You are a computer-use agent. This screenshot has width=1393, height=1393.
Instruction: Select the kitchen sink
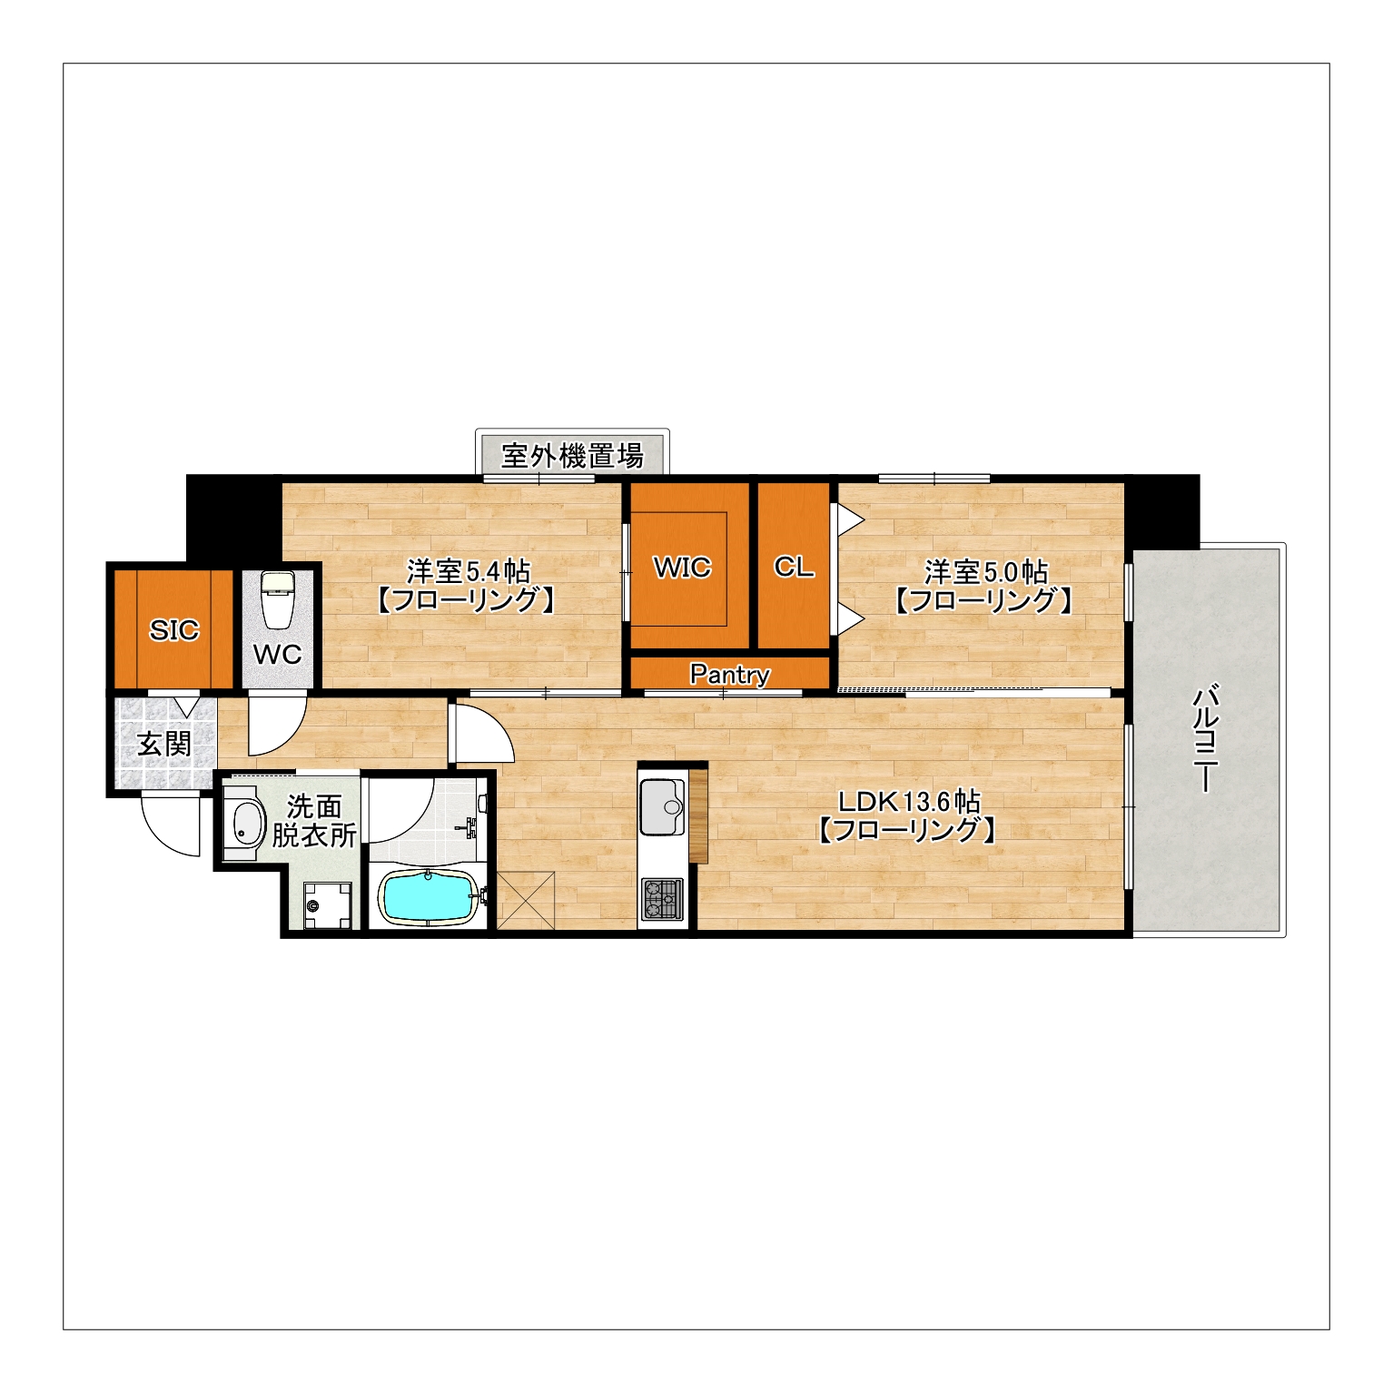[x=663, y=806]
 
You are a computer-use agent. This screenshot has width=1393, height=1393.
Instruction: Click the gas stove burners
[x=662, y=899]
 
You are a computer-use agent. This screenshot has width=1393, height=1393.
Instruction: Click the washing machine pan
[x=327, y=905]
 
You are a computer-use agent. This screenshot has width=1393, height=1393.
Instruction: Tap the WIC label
[x=683, y=568]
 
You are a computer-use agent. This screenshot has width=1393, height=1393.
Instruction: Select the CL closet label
[x=794, y=567]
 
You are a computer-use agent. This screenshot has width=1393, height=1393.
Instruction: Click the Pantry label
[x=730, y=675]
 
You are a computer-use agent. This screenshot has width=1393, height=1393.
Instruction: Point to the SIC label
[x=173, y=629]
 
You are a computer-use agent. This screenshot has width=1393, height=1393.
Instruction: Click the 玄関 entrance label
[x=164, y=745]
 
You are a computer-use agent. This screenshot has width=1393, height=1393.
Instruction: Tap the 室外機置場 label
[x=573, y=455]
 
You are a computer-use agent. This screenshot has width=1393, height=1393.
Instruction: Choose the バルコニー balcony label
[x=1205, y=738]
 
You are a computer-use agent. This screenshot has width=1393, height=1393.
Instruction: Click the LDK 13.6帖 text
[x=909, y=802]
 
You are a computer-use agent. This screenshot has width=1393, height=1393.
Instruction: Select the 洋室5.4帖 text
[x=468, y=571]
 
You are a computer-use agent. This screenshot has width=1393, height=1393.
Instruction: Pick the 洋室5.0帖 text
[x=986, y=571]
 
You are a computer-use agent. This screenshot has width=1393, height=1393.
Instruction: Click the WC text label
[x=277, y=654]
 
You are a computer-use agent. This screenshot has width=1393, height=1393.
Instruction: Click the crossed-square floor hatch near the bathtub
[x=526, y=900]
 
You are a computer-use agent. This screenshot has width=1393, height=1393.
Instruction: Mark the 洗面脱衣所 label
[x=314, y=820]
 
